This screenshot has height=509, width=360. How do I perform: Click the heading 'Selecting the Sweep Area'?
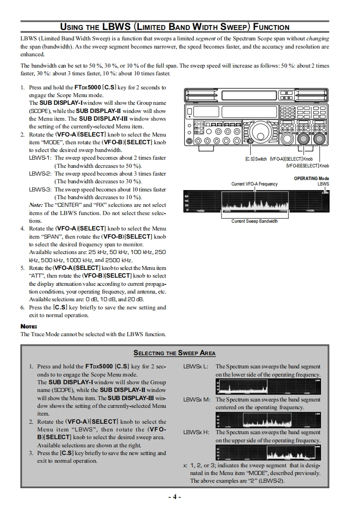tap(174, 353)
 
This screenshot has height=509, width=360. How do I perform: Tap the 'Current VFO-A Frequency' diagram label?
tap(254, 184)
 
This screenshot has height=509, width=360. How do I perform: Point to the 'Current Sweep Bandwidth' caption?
tap(254, 221)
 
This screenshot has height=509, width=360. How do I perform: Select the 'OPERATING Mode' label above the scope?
tap(311, 179)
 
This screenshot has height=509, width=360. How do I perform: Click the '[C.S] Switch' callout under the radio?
tap(256, 159)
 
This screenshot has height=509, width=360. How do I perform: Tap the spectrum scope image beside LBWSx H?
tap(268, 453)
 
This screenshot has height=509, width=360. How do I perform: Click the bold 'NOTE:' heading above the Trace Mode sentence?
tap(29, 326)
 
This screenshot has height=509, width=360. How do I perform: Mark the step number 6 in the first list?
tap(23, 307)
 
